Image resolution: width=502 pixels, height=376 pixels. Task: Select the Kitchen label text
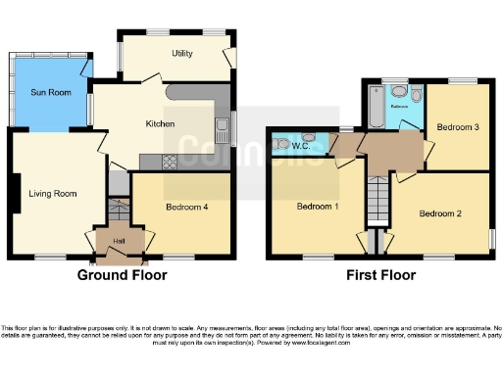[160, 124]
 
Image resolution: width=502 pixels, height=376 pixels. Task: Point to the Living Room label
[52, 194]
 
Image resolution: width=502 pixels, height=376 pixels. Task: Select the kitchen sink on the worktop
[223, 125]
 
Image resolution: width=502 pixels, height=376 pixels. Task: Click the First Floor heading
[383, 276]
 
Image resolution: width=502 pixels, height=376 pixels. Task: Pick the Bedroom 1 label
[318, 207]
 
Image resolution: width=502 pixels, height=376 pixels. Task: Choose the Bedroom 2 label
[440, 212]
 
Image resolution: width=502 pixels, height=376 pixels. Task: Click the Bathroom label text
[400, 107]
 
